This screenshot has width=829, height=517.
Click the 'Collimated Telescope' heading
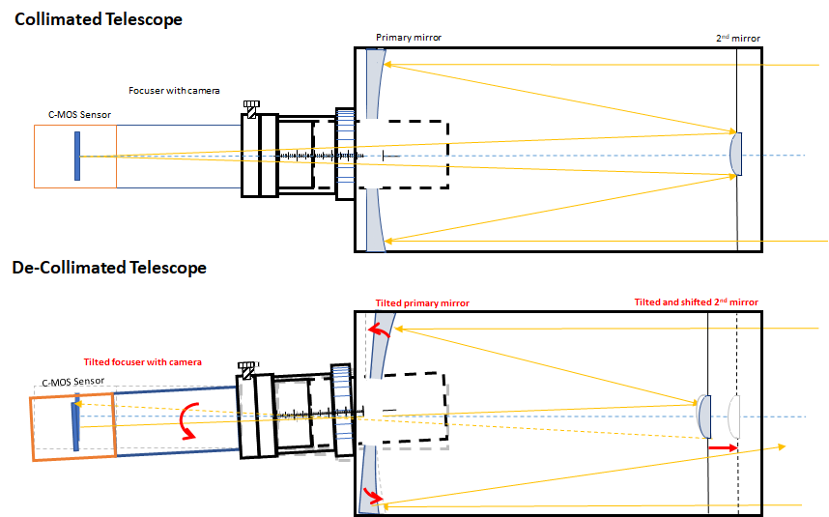(x=98, y=18)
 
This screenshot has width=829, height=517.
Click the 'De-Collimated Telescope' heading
(x=109, y=267)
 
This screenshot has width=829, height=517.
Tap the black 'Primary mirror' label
(x=409, y=38)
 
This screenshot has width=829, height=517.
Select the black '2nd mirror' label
(x=737, y=39)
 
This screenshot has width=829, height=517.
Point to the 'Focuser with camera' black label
(x=174, y=90)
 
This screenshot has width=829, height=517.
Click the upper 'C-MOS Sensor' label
(x=79, y=114)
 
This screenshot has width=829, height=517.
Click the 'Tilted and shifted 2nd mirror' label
(x=696, y=302)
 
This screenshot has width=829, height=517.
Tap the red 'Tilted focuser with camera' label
(x=143, y=361)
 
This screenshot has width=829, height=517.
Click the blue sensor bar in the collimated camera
(x=76, y=156)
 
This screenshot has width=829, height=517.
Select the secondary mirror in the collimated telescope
(x=737, y=155)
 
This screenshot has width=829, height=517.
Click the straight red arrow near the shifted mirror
(x=723, y=447)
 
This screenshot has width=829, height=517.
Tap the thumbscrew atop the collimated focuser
(x=252, y=108)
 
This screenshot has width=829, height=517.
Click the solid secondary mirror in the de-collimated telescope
(x=704, y=416)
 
